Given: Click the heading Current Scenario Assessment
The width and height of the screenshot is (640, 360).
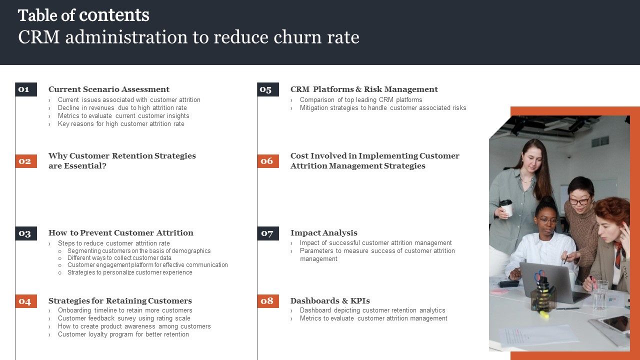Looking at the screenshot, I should point(109,89).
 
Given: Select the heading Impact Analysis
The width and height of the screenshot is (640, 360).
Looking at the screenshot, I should point(324,233).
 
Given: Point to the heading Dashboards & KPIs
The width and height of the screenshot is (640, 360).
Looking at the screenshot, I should point(330,301).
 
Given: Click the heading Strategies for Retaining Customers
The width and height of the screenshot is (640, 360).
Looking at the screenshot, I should point(120,301).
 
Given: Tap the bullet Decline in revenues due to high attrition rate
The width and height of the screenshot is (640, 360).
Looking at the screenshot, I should point(122,108).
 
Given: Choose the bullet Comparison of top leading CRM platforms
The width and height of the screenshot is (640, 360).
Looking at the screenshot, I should point(361,100).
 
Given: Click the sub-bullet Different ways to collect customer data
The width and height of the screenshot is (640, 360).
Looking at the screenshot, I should point(119,258).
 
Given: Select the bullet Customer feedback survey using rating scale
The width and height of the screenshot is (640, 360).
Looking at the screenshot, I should point(124,318).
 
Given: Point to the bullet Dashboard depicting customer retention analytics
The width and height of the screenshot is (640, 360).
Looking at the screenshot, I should point(372,310).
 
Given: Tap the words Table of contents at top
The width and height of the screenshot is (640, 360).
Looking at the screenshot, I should point(83,15).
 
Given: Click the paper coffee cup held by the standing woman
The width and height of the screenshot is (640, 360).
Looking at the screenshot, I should point(506,207).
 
